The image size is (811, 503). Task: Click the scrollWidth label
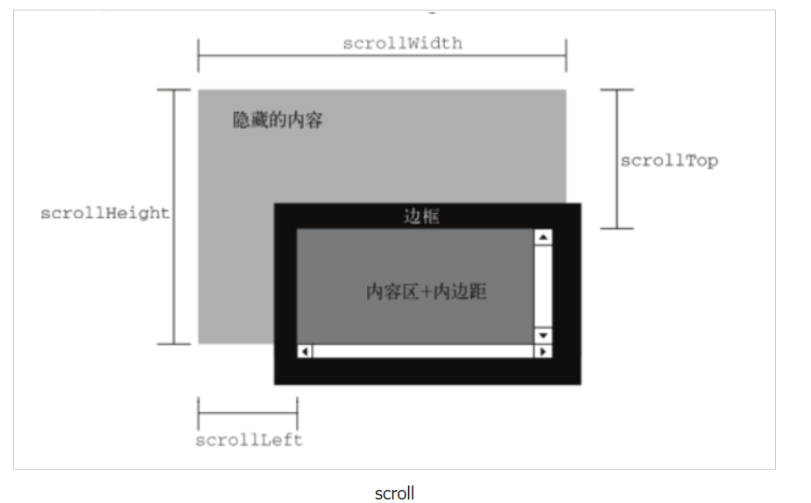pos(402,43)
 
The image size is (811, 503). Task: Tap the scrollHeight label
pos(104,213)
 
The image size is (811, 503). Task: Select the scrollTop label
pos(668,160)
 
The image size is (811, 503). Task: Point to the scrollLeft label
pos(249,440)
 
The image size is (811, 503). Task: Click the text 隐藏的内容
pos(278,120)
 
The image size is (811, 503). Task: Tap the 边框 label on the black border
pos(421,216)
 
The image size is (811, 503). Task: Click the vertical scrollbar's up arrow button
pos(543,237)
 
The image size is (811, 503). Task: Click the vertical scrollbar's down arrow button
pos(543,336)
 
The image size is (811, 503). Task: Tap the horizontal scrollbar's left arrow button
pos(305,351)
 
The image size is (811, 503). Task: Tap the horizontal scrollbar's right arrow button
pos(543,351)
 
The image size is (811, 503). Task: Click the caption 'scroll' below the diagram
pos(394,493)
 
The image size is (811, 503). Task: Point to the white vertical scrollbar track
pos(543,287)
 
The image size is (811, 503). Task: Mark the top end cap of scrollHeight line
pos(173,89)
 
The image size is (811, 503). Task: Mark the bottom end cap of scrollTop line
pos(617,229)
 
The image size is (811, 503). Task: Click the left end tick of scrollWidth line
pos(199,55)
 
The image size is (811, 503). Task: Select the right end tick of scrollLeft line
pos(297,412)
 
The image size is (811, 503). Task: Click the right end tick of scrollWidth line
pos(566,55)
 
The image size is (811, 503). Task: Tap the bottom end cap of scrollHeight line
pos(173,344)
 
